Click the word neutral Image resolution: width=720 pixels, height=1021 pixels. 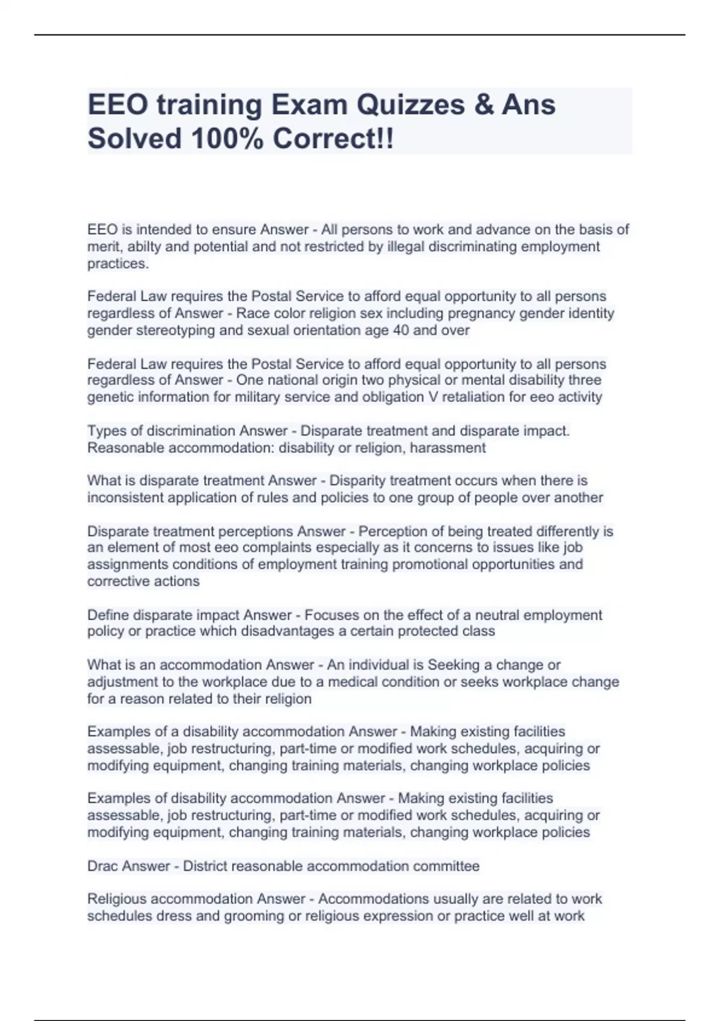[x=503, y=615]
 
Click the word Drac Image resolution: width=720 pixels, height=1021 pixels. [x=102, y=866]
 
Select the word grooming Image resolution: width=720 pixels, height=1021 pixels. [x=256, y=916]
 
